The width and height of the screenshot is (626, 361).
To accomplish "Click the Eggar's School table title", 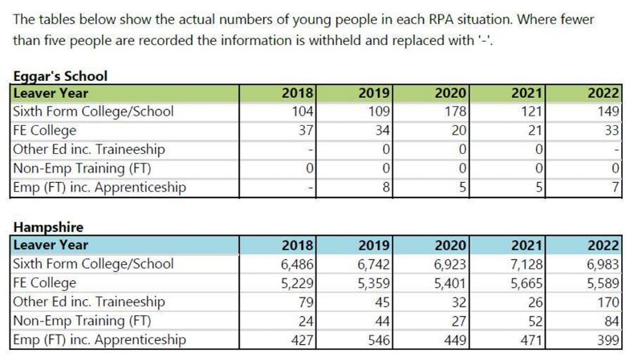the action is coord(60,75).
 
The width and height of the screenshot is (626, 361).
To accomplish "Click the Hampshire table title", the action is coord(48,227).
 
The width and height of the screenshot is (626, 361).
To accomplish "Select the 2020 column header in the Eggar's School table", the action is coord(450,93).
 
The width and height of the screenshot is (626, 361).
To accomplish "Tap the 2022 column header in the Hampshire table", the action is coord(604,245).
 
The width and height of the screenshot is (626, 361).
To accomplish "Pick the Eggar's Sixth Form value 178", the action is coord(456,111).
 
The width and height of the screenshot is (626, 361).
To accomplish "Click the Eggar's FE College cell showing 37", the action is coord(307,130).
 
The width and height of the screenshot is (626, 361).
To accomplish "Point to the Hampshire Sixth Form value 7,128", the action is coord(527,264).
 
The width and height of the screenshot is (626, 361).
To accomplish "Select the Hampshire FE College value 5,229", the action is coord(298,283).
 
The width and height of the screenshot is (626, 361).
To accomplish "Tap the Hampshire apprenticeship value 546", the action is coord(379,340).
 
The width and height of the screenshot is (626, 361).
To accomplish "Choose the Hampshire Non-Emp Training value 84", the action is coord(612,321).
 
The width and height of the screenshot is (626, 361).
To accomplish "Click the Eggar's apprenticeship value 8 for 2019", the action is coord(386,187).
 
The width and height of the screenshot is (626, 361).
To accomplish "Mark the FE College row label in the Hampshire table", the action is coord(45,283).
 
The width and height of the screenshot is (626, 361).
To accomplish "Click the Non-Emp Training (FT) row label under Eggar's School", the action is coord(82,168).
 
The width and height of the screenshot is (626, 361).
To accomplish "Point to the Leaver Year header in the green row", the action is coord(51,93).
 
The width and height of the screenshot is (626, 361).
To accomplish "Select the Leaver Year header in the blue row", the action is coord(51,245).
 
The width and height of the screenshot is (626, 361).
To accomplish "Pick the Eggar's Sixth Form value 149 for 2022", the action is coord(608,111).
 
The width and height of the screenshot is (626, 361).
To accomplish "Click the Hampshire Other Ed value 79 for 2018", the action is coord(307,302).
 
